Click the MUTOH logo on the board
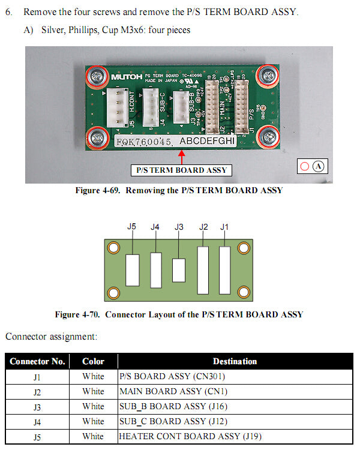pyautogui.click(x=125, y=77)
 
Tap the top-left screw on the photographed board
pyautogui.click(x=96, y=76)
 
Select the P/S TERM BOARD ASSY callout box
pyautogui.click(x=182, y=170)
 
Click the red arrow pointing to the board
pyautogui.click(x=182, y=157)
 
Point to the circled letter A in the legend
pyautogui.click(x=319, y=167)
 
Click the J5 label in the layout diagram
pyautogui.click(x=132, y=227)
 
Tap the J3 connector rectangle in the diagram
pyautogui.click(x=179, y=270)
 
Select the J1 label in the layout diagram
pyautogui.click(x=224, y=227)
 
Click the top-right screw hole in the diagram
pyautogui.click(x=244, y=248)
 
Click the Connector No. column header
pyautogui.click(x=37, y=361)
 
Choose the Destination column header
pyautogui.click(x=235, y=361)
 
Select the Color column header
pyautogui.click(x=93, y=361)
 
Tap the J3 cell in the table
pyautogui.click(x=37, y=407)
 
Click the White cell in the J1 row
pyautogui.click(x=93, y=377)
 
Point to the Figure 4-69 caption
pyautogui.click(x=179, y=191)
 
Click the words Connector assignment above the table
pyautogui.click(x=51, y=337)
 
